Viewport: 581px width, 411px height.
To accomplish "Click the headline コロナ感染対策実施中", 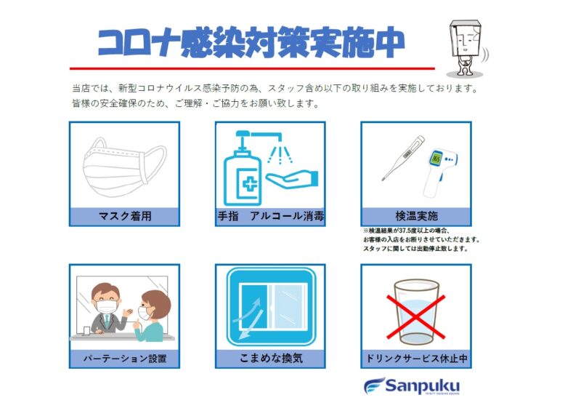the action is coord(251,42).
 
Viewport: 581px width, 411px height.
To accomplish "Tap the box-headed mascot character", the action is coord(466,47).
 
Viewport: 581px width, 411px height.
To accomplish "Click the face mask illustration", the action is coord(124,167).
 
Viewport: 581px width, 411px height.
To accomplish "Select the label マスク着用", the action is coord(125,216).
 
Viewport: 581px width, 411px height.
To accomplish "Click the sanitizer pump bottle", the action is coord(243,169).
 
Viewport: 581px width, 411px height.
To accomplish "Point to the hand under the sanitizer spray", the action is coord(293,179).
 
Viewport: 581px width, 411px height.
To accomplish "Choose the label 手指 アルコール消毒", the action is coord(270,216).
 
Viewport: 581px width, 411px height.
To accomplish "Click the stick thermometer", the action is coord(403,158).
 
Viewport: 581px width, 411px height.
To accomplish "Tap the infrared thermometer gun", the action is coord(441,172).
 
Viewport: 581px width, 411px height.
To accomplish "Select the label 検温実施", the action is coord(416,216).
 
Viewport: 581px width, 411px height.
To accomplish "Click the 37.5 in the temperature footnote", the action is coord(405,231).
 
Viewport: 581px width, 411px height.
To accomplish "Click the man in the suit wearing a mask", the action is coord(107,308).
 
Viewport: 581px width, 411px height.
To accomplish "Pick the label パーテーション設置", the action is coord(124,359).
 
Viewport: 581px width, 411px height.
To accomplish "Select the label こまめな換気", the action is coord(271,359).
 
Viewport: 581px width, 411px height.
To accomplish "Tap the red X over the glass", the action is coord(415,316).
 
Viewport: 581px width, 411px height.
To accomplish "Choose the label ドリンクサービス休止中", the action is coord(416,359).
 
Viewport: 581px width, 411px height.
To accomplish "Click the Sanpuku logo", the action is coord(412,386).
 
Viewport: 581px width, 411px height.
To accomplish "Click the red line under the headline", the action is coord(252,68).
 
